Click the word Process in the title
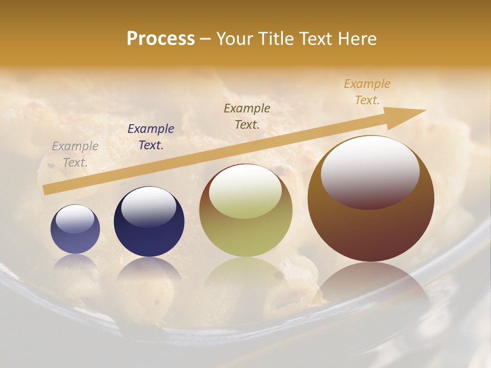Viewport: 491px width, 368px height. click(161, 39)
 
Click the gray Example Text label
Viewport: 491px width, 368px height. click(75, 154)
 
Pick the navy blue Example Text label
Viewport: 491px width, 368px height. click(151, 136)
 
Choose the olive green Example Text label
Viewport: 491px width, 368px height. click(247, 116)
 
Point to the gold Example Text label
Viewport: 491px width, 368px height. click(367, 92)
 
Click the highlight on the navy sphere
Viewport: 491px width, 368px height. click(148, 205)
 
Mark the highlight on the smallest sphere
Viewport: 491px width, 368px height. click(75, 219)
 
